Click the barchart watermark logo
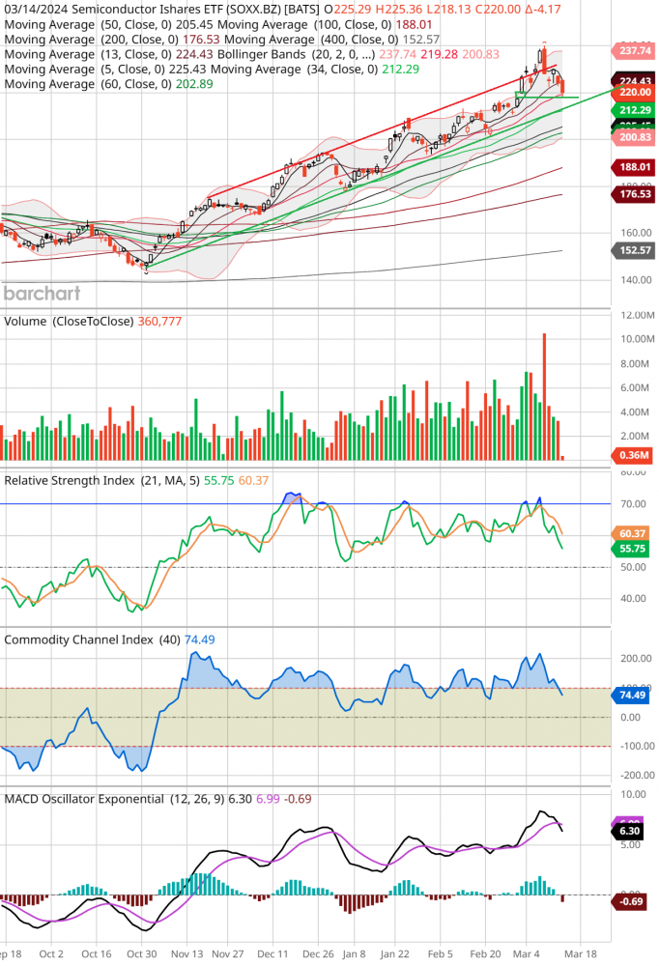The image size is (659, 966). [42, 293]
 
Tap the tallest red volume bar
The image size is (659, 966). [544, 396]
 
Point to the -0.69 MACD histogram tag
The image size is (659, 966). [632, 902]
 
